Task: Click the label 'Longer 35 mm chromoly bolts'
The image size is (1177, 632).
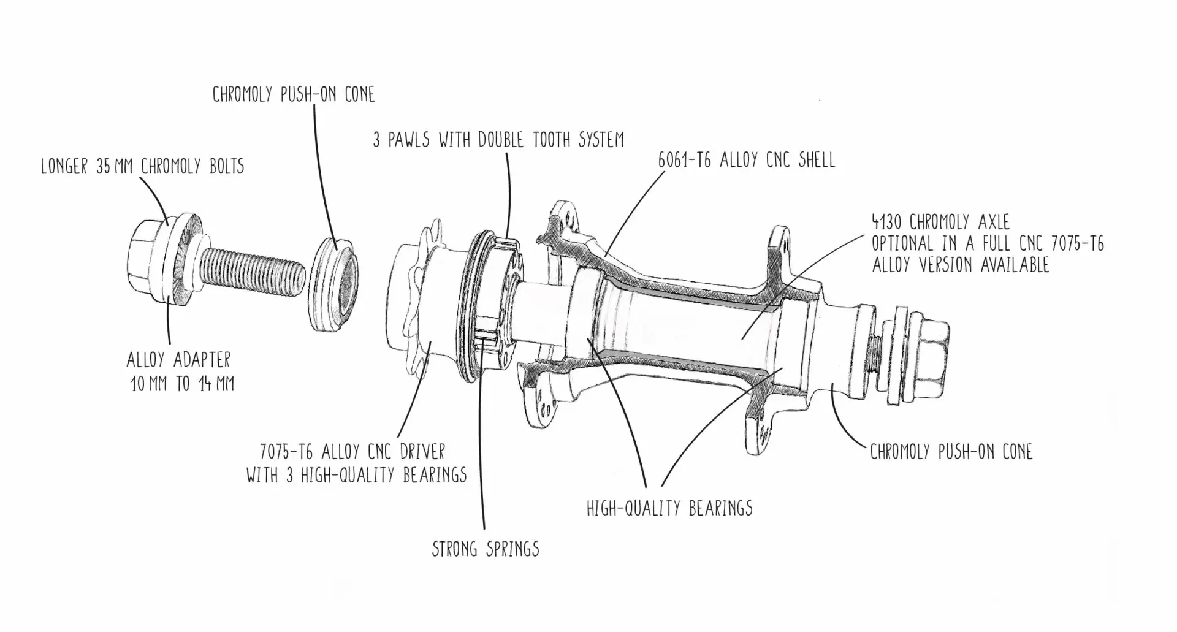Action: (142, 167)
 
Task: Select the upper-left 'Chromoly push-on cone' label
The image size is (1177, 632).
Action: (293, 94)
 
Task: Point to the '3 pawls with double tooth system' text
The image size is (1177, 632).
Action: (498, 140)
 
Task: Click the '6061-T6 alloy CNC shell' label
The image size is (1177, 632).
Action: (746, 160)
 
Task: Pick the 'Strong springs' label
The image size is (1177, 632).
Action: (486, 549)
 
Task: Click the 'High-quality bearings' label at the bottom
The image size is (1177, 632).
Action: (669, 508)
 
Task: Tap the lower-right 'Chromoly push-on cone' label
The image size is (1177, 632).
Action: (951, 452)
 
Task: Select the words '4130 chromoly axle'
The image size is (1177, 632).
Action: (940, 222)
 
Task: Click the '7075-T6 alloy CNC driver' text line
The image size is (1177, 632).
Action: (352, 452)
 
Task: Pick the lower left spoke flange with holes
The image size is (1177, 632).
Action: (539, 392)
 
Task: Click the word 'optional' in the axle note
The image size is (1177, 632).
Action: (900, 243)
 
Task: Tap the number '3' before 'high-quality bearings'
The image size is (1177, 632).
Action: (289, 474)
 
